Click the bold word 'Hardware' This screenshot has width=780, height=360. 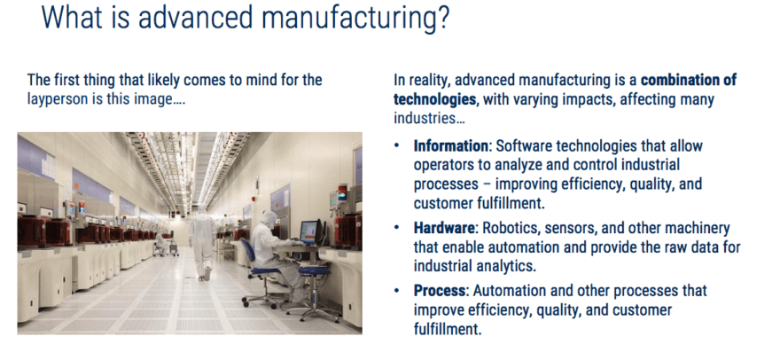[444, 227]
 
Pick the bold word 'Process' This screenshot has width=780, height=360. [441, 291]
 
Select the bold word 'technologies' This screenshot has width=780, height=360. [434, 99]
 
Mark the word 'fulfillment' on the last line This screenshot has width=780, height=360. [448, 329]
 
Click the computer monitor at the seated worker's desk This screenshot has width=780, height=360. [308, 233]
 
